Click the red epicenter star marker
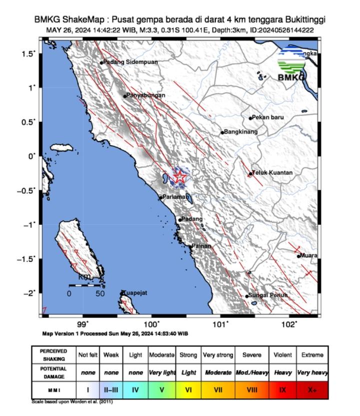pos(179,176)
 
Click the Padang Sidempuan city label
pos(130,62)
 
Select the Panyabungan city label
pos(146,95)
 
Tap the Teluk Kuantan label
pos(273,173)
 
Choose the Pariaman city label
pos(175,197)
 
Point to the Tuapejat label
pos(135,293)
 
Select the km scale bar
pos(85,285)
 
